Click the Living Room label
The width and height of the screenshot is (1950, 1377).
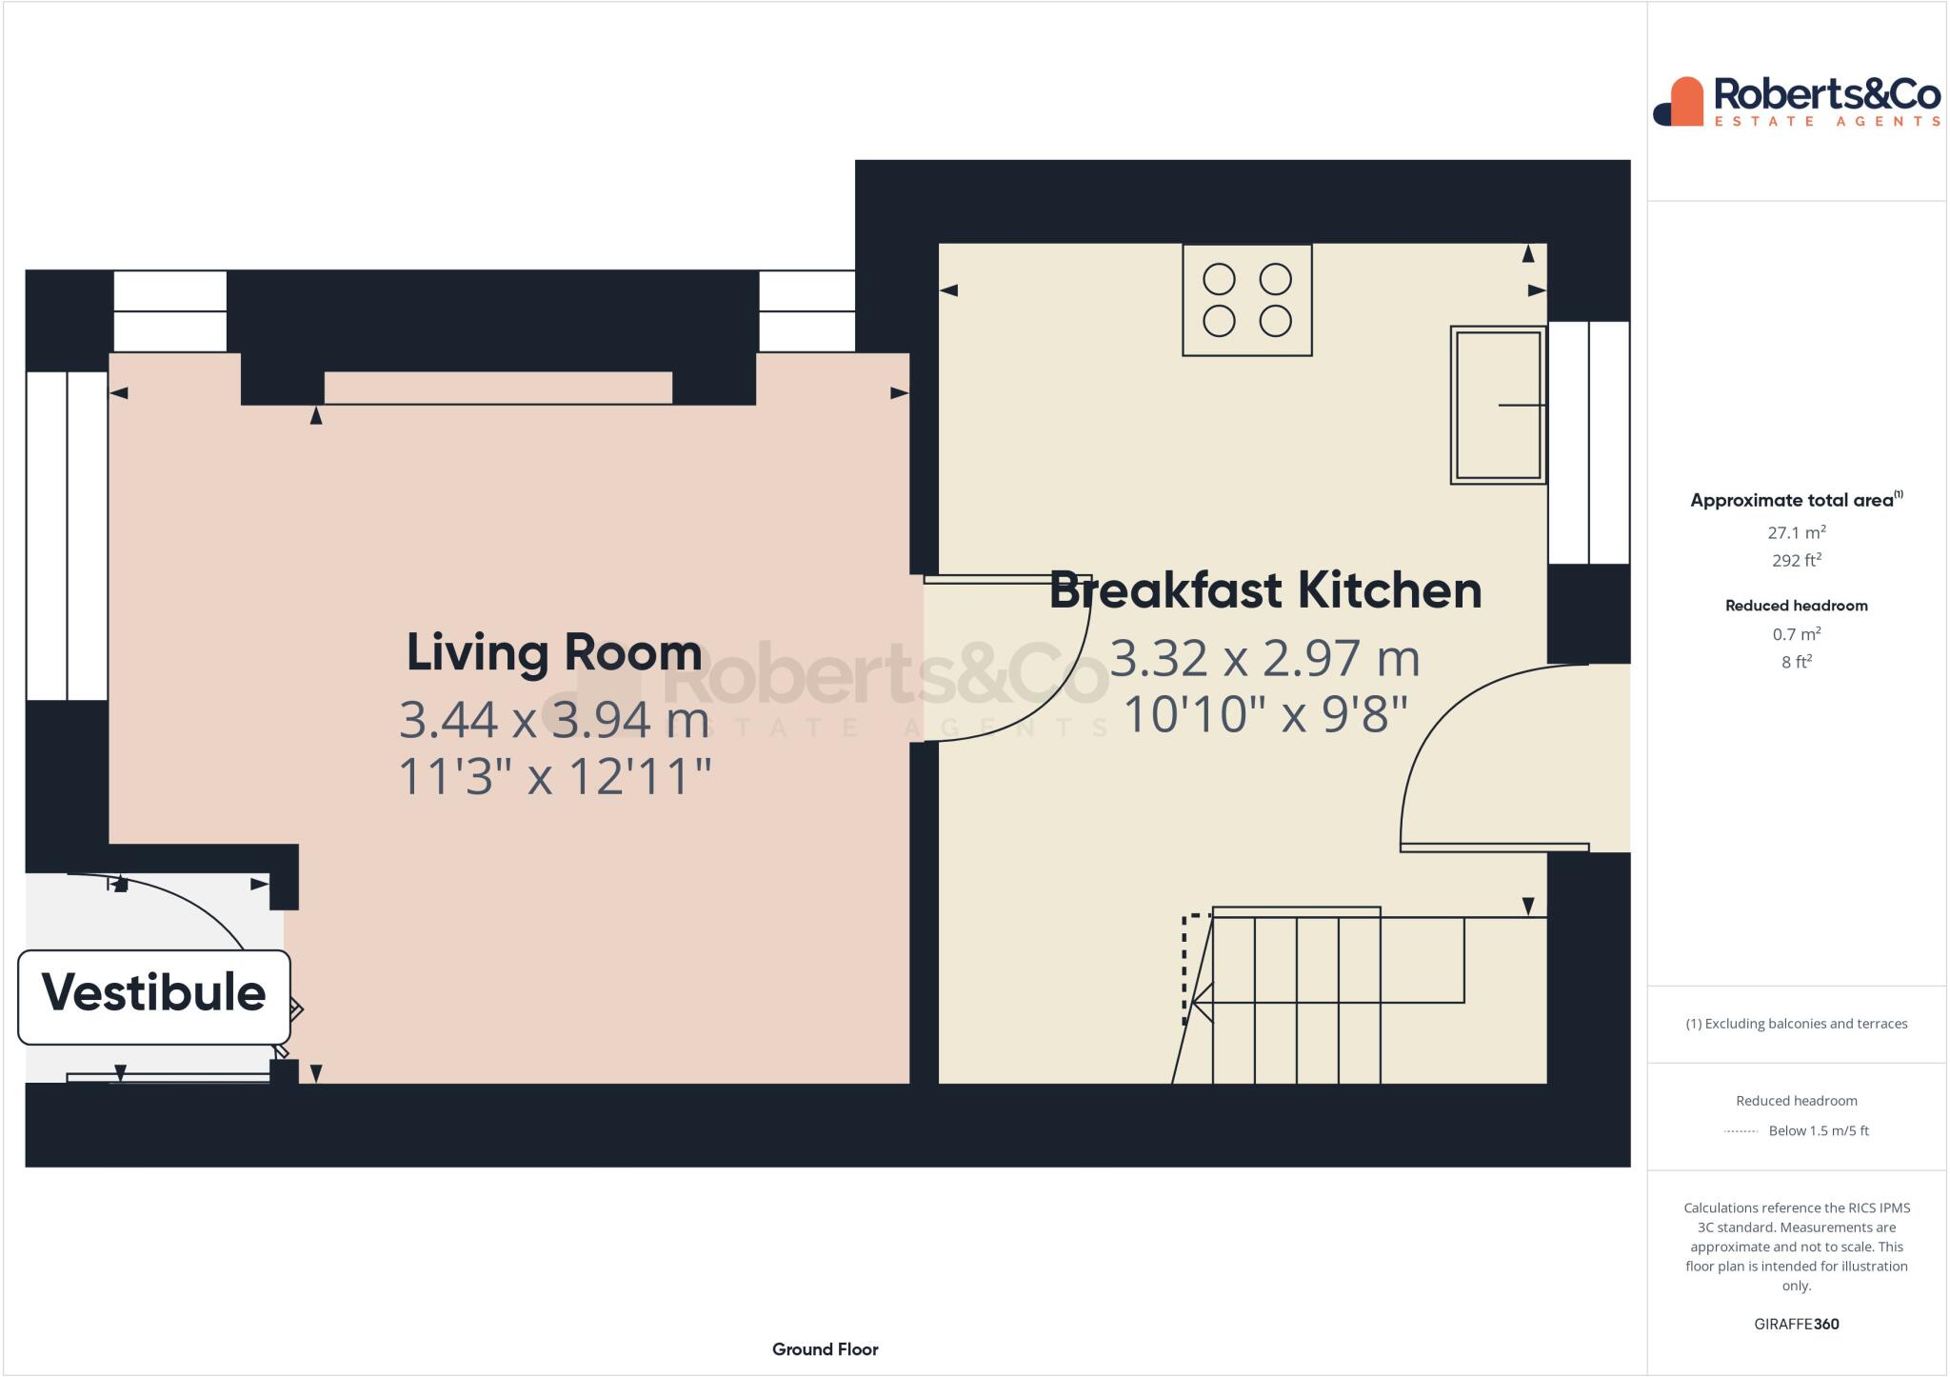553,653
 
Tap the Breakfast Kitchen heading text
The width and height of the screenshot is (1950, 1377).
1264,590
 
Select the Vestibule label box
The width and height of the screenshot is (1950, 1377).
154,994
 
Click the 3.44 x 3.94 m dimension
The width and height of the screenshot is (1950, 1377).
553,720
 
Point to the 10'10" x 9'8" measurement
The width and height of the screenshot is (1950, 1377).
1264,714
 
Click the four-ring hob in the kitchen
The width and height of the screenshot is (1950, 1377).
1246,300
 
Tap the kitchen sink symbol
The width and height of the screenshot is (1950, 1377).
1497,405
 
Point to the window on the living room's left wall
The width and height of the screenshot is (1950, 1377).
67,535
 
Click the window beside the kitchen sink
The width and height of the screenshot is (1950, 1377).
1588,443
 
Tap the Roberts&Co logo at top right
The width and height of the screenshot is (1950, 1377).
1796,102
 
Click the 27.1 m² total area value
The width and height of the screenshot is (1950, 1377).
1796,532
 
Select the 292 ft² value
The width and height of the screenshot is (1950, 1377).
1796,560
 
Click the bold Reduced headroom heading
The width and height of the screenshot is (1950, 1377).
1796,606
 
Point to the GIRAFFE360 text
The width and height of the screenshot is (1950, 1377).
1796,1324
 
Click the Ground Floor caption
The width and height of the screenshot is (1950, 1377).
825,1349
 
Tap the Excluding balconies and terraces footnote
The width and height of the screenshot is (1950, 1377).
1796,1024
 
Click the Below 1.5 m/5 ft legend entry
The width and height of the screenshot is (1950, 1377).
1817,1130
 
